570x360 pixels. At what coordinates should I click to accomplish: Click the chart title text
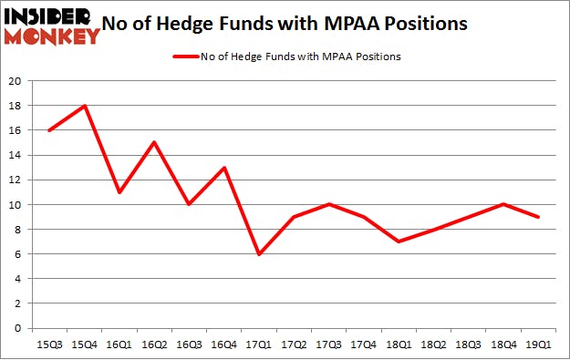(297, 24)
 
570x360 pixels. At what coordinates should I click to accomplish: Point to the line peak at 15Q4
(84, 106)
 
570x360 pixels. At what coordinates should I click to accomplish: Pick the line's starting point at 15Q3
(49, 130)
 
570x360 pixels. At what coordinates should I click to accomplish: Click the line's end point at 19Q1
(538, 217)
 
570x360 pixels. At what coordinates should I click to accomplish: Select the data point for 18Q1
(399, 242)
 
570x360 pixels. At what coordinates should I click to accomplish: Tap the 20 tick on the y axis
(16, 82)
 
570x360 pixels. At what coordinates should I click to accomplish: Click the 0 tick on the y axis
(19, 328)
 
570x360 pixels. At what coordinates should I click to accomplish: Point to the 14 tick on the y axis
(16, 156)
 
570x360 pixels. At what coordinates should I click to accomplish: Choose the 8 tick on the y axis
(19, 230)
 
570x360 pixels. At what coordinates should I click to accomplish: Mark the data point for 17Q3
(328, 205)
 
